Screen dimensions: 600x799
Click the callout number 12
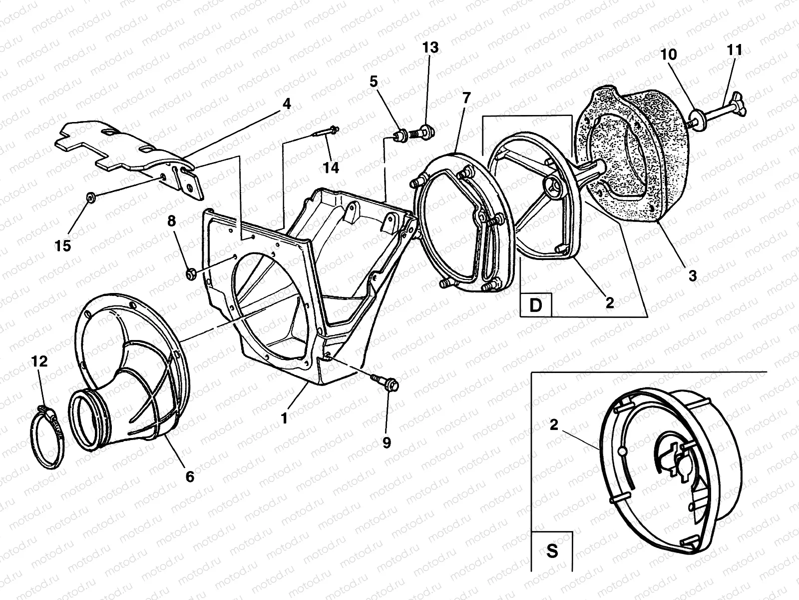tap(39, 361)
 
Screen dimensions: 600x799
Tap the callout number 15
tap(63, 245)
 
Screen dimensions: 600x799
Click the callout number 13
tap(430, 47)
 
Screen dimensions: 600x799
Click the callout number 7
tap(466, 97)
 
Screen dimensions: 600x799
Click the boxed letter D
tap(536, 305)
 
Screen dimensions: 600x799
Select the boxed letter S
tap(552, 551)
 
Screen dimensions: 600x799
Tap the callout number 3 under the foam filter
tap(692, 275)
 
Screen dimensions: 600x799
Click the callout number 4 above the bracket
tap(286, 103)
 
